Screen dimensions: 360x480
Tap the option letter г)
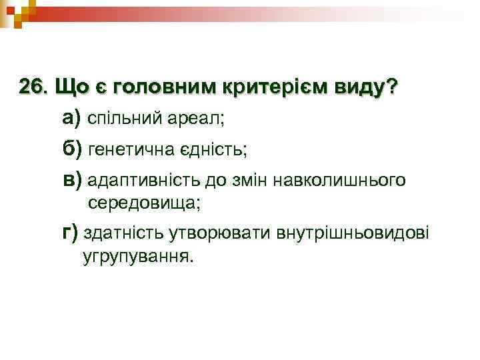(x=70, y=233)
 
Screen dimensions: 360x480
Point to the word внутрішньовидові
(x=348, y=234)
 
